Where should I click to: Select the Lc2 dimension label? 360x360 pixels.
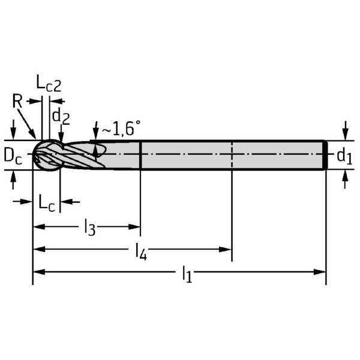(x=49, y=85)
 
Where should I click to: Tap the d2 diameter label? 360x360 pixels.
(x=61, y=115)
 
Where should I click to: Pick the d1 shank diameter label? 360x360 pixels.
(x=343, y=157)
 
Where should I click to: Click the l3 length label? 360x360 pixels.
(x=89, y=228)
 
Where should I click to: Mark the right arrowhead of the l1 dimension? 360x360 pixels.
(x=321, y=272)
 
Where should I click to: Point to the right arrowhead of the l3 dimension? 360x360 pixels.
(x=136, y=227)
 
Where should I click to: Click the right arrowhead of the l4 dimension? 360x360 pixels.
(x=227, y=249)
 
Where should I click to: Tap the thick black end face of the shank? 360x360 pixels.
(x=325, y=155)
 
